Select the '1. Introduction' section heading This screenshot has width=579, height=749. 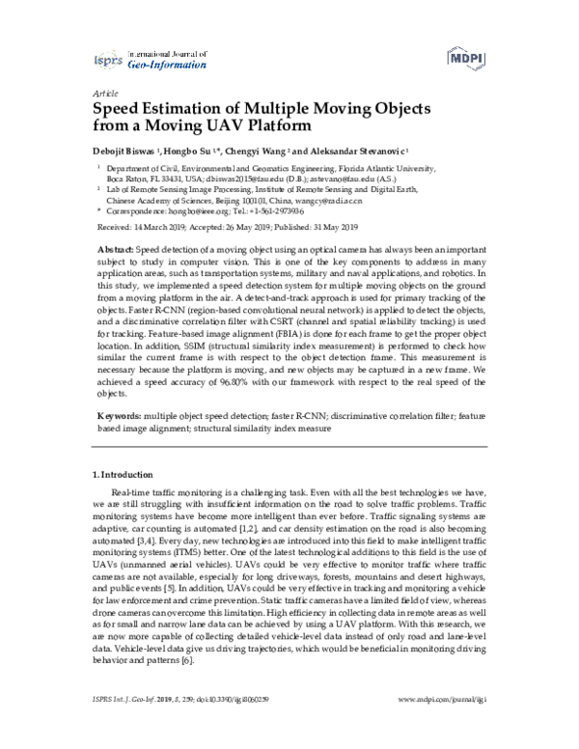coord(123,475)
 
